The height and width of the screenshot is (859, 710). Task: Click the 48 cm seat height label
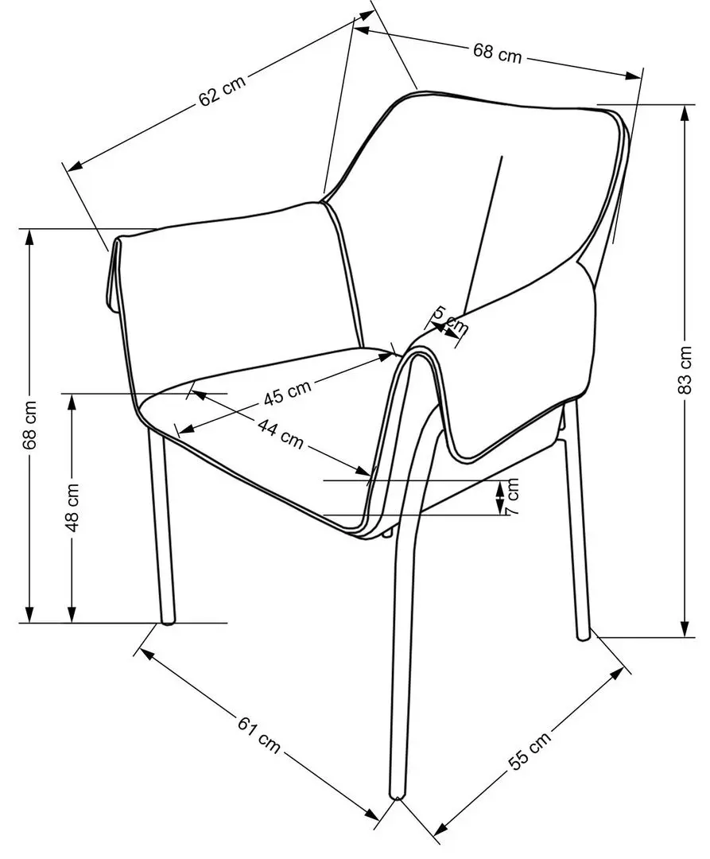tap(72, 507)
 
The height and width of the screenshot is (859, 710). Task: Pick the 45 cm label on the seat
tap(287, 392)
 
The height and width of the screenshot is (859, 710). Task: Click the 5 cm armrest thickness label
tap(450, 321)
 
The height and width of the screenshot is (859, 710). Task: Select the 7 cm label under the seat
tap(511, 496)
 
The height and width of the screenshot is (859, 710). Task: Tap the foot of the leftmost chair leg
tap(168, 620)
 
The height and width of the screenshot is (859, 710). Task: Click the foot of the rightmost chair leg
tap(584, 635)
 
